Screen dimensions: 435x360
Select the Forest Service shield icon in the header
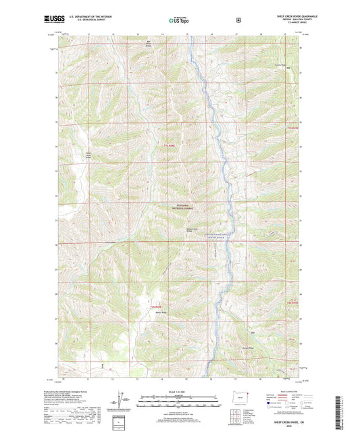[x=237, y=20]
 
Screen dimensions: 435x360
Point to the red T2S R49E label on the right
[x=292, y=128]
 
